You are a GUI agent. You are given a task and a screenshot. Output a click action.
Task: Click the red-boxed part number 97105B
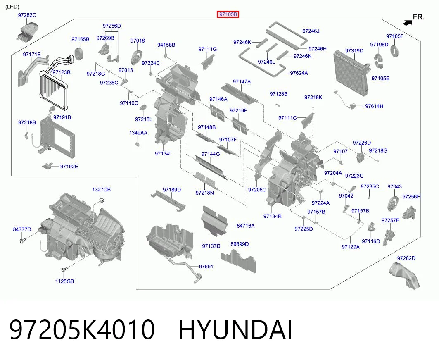tap(228, 14)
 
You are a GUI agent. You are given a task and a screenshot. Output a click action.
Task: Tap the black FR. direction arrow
tap(408, 23)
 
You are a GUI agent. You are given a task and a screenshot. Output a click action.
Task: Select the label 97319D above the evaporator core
tap(354, 51)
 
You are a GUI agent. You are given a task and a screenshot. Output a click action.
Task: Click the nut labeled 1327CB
tap(101, 200)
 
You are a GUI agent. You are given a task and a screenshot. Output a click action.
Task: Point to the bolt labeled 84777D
tap(22, 240)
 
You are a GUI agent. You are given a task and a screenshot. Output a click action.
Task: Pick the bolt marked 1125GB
tap(64, 270)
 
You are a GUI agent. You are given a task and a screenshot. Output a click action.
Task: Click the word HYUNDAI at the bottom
tap(235, 329)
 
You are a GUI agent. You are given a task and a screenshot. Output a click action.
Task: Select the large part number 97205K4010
tap(82, 329)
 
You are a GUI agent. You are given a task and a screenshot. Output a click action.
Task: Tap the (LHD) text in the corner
tap(12, 7)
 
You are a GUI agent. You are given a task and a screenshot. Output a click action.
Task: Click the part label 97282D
tap(406, 258)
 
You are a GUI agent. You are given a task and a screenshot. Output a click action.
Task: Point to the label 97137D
tap(211, 246)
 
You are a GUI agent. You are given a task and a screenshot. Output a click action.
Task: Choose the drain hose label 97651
tap(206, 267)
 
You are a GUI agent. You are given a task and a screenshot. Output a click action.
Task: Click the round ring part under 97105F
tap(395, 51)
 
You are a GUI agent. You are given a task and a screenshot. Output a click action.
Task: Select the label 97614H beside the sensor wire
tap(374, 106)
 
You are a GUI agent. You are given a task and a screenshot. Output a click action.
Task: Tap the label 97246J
tap(311, 31)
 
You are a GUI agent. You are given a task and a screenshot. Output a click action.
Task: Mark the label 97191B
tap(62, 117)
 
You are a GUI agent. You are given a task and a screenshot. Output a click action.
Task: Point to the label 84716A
tap(246, 226)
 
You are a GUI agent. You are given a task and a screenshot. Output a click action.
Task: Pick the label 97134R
tap(273, 216)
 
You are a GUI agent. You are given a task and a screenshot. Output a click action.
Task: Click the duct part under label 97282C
tap(27, 31)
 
